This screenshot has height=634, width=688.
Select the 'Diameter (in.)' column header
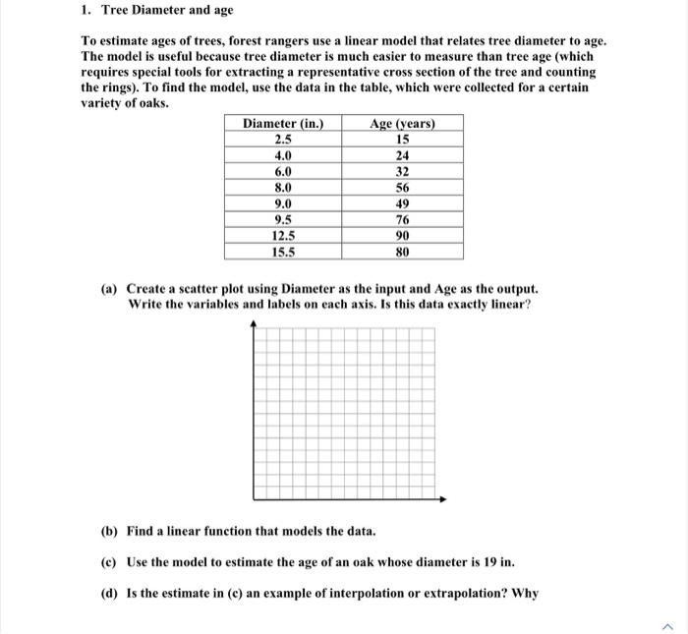tap(283, 124)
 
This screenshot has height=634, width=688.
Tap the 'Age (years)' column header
tap(402, 124)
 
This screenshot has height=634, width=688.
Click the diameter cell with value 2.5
tap(283, 140)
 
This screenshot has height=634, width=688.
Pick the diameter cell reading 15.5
tap(283, 252)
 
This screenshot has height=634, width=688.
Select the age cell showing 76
tap(402, 219)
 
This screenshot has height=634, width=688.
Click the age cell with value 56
tap(402, 188)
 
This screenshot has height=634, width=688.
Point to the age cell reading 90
tap(402, 236)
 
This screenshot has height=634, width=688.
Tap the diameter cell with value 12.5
tap(283, 236)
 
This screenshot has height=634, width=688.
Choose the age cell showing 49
tap(402, 203)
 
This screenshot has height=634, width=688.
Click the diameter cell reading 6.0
tap(283, 172)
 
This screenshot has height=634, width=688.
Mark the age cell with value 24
tap(402, 155)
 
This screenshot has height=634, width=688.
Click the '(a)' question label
tap(110, 289)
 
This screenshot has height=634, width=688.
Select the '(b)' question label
tap(110, 531)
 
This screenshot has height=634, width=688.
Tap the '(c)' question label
tap(110, 562)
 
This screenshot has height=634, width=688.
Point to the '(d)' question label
tap(110, 594)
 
